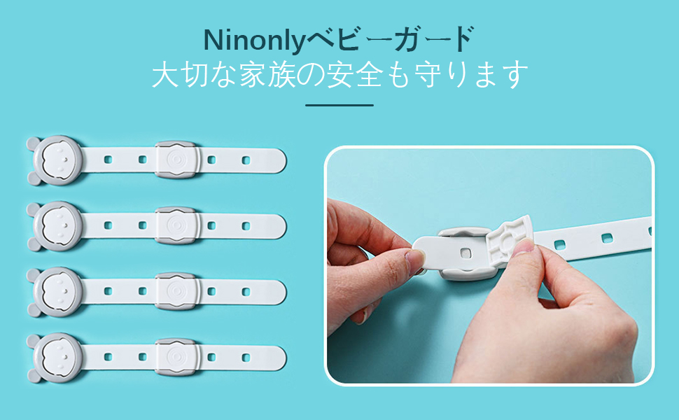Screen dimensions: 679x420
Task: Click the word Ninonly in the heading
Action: pyautogui.click(x=255, y=41)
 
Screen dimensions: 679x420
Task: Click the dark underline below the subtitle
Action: pyautogui.click(x=339, y=105)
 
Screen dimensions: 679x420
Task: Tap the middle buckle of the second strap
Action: pyautogui.click(x=176, y=225)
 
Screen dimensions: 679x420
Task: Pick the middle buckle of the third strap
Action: pyautogui.click(x=176, y=291)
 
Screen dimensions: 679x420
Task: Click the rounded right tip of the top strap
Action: pyautogui.click(x=283, y=160)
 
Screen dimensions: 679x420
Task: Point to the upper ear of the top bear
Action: pyautogui.click(x=33, y=143)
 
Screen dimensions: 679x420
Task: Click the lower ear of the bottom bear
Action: pyautogui.click(x=34, y=376)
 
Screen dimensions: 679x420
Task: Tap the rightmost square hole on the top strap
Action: pyautogui.click(x=246, y=160)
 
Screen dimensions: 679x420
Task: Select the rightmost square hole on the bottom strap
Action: pyautogui.click(x=246, y=358)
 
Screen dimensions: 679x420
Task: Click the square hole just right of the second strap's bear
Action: pyautogui.click(x=108, y=225)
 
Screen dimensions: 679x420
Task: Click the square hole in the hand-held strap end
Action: pyautogui.click(x=465, y=253)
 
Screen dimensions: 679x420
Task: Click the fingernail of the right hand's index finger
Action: pyautogui.click(x=525, y=247)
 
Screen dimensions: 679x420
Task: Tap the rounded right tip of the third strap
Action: pyautogui.click(x=283, y=291)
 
